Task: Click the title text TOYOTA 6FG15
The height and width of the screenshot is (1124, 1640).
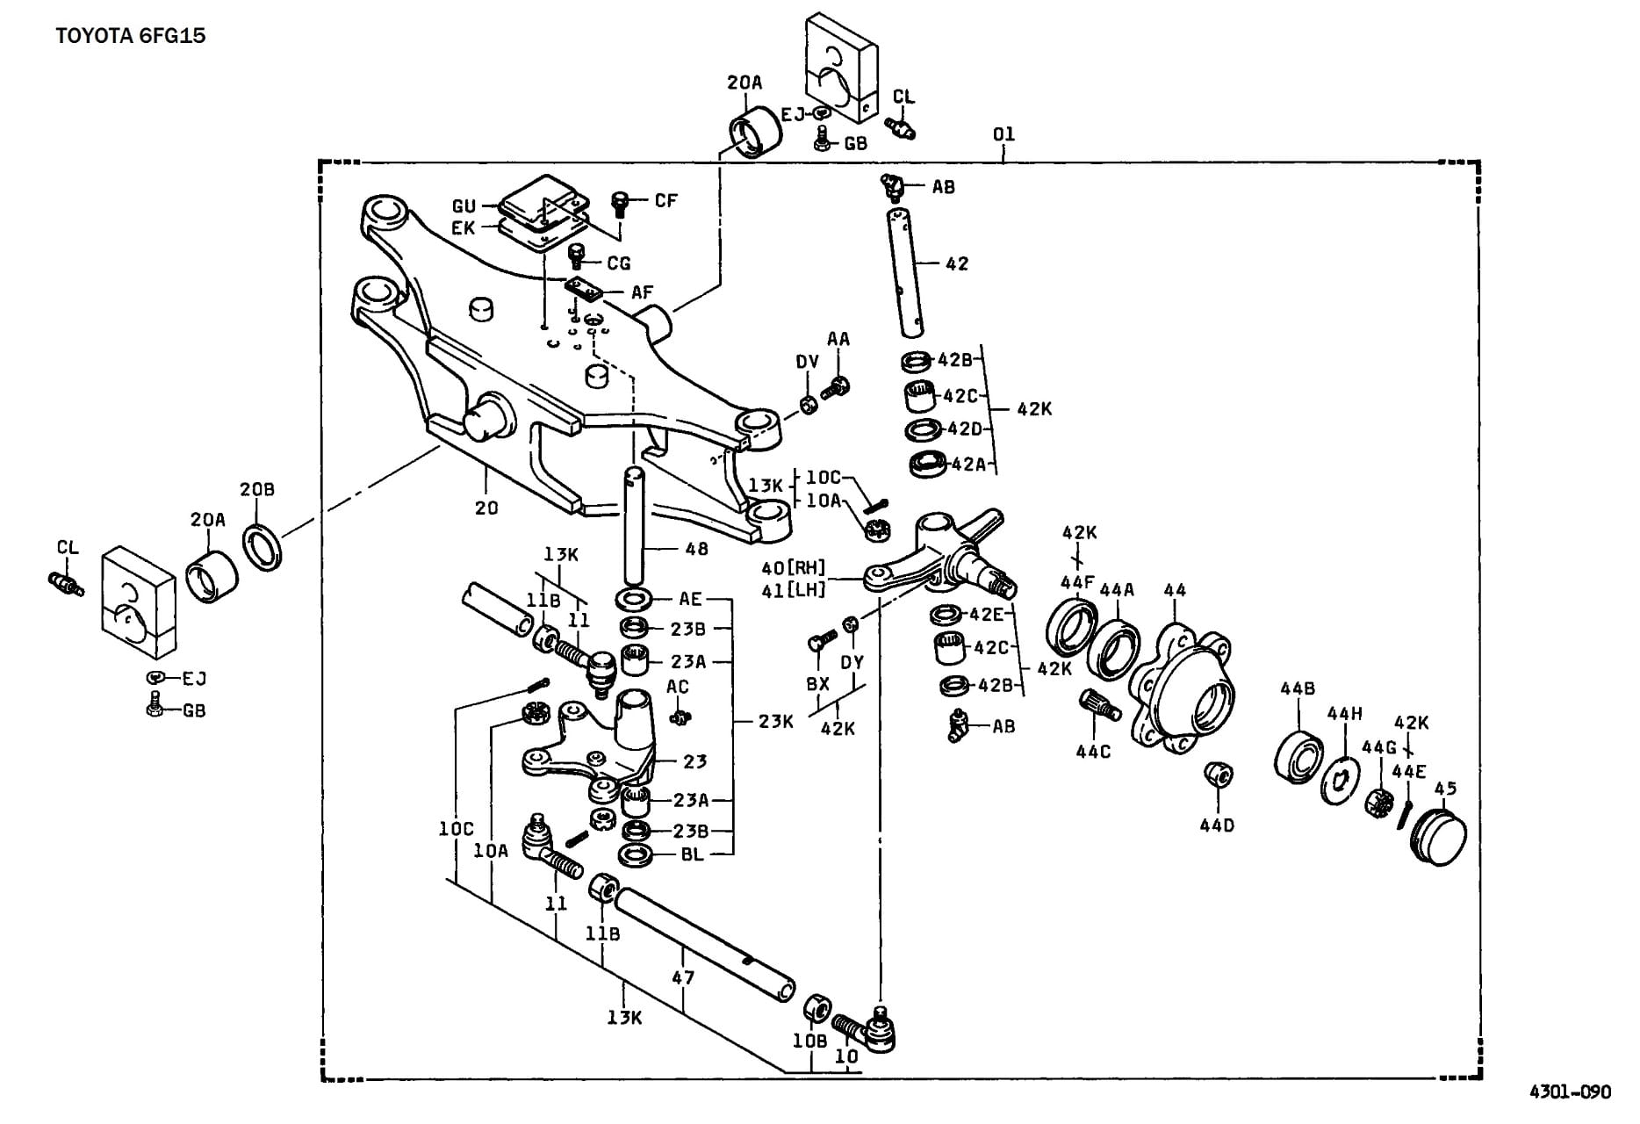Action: [x=131, y=37]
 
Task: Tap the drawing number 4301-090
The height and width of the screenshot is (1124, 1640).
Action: [x=1570, y=1092]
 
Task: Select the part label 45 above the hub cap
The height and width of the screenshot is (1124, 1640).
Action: [x=1445, y=789]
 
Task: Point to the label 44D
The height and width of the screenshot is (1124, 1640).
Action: [x=1217, y=825]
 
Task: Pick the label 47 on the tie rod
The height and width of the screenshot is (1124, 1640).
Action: [x=683, y=976]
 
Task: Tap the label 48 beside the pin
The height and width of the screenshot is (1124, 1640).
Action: [x=696, y=550]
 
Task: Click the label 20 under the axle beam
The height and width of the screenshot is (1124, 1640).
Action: [x=486, y=508]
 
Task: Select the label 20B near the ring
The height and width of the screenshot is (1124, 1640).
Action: [x=257, y=489]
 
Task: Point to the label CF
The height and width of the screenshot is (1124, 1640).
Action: [x=666, y=200]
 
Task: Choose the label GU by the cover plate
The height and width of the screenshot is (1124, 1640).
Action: [x=464, y=206]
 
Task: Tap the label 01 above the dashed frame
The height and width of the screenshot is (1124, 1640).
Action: [x=1003, y=134]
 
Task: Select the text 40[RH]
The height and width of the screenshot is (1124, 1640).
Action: [x=795, y=568]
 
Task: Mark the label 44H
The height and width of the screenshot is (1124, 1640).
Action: [x=1344, y=714]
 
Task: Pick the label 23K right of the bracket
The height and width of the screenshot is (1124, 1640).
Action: [x=776, y=722]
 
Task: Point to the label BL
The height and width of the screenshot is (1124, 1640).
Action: [x=693, y=854]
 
